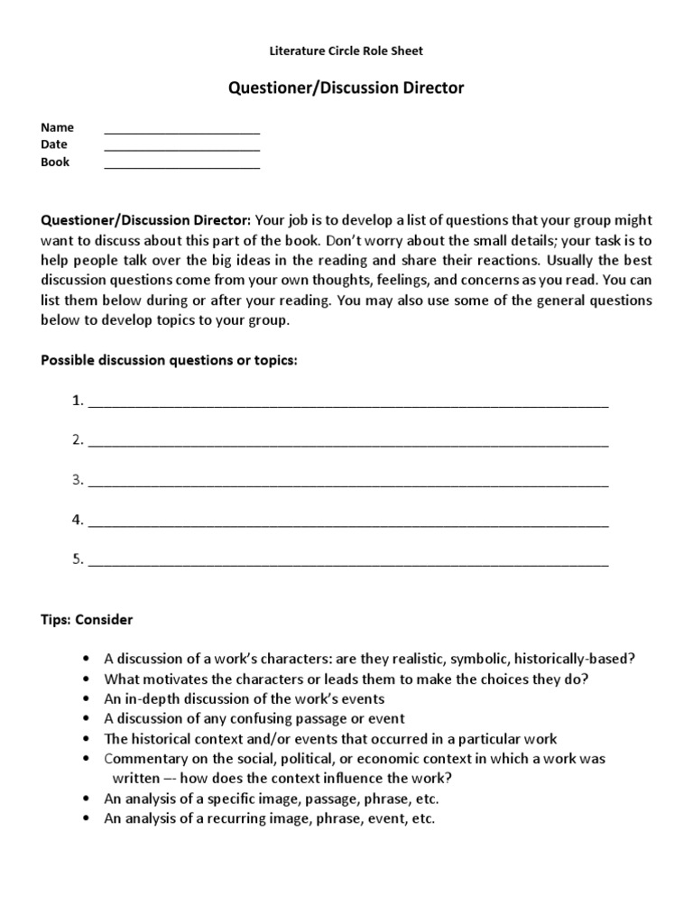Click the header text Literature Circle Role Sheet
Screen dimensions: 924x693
pos(346,51)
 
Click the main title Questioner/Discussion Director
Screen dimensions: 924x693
pos(346,88)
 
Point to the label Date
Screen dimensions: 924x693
pos(54,144)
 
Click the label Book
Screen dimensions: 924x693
pos(55,162)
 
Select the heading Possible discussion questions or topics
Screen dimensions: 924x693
pos(169,361)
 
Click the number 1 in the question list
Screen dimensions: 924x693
pos(77,401)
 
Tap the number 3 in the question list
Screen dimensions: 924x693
pos(77,480)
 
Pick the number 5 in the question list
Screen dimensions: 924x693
pos(77,559)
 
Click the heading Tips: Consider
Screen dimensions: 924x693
pos(87,620)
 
